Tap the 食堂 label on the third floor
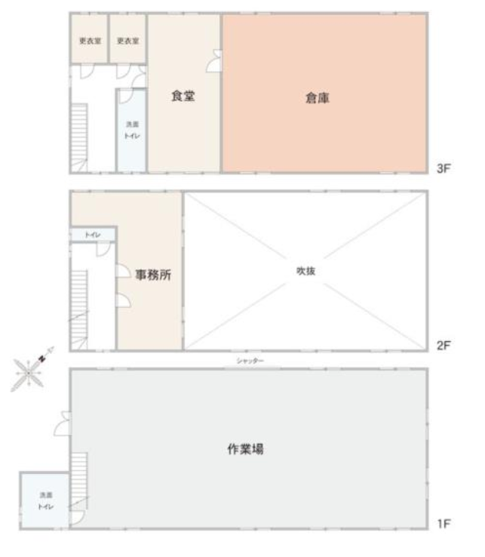pos(184,96)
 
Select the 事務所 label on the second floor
pos(153,275)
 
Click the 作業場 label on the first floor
pos(245,449)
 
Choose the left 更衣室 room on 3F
pos(89,39)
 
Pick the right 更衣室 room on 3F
pos(127,39)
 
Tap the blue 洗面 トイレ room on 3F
pos(131,130)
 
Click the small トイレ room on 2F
pos(94,235)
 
